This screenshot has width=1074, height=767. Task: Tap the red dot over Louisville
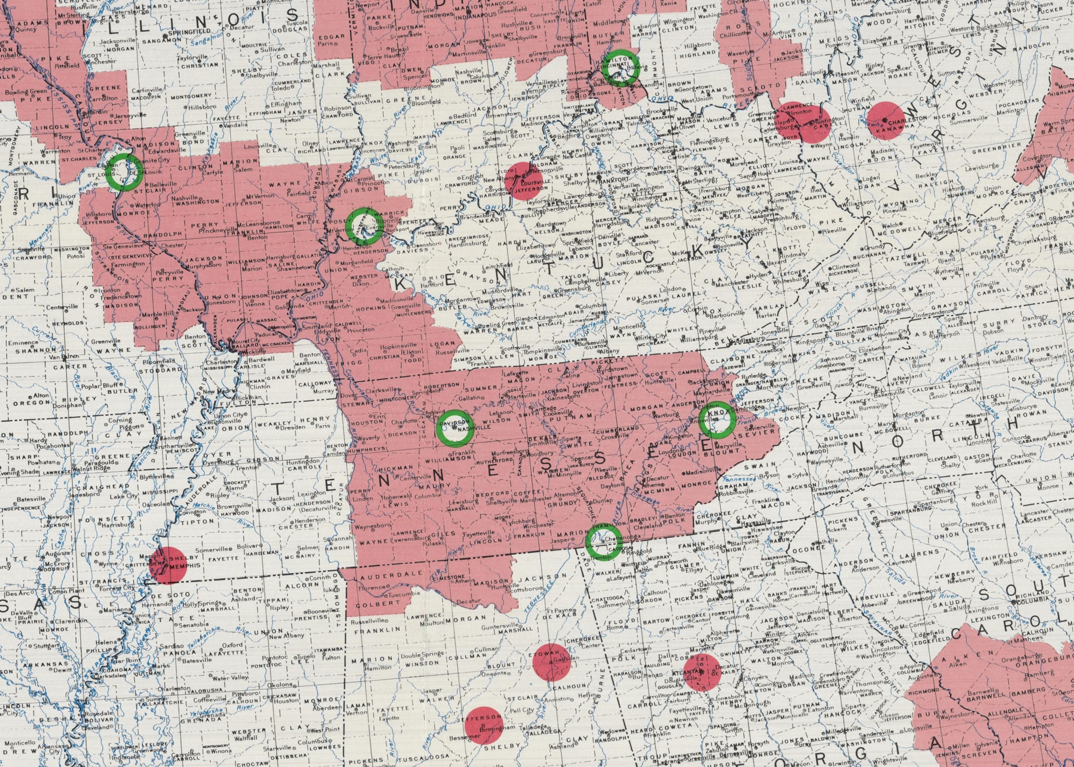click(523, 180)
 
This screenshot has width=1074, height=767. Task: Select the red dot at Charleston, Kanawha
click(885, 120)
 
